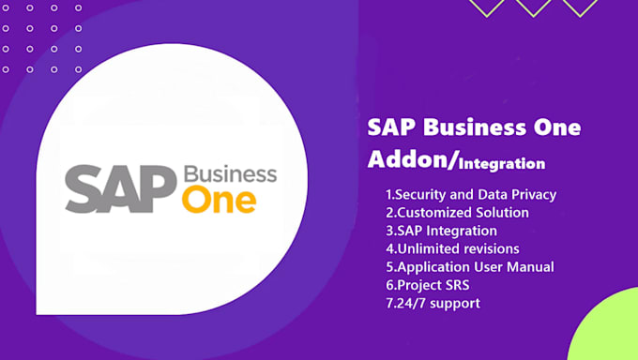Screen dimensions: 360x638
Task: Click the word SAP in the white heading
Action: coord(388,127)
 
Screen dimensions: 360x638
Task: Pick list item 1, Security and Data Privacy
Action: coord(471,194)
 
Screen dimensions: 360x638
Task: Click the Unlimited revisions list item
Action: coord(446,248)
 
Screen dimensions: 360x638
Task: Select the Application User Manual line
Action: coord(469,266)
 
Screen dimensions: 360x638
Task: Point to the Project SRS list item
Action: coord(428,284)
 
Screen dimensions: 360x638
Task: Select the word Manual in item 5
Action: coord(529,266)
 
